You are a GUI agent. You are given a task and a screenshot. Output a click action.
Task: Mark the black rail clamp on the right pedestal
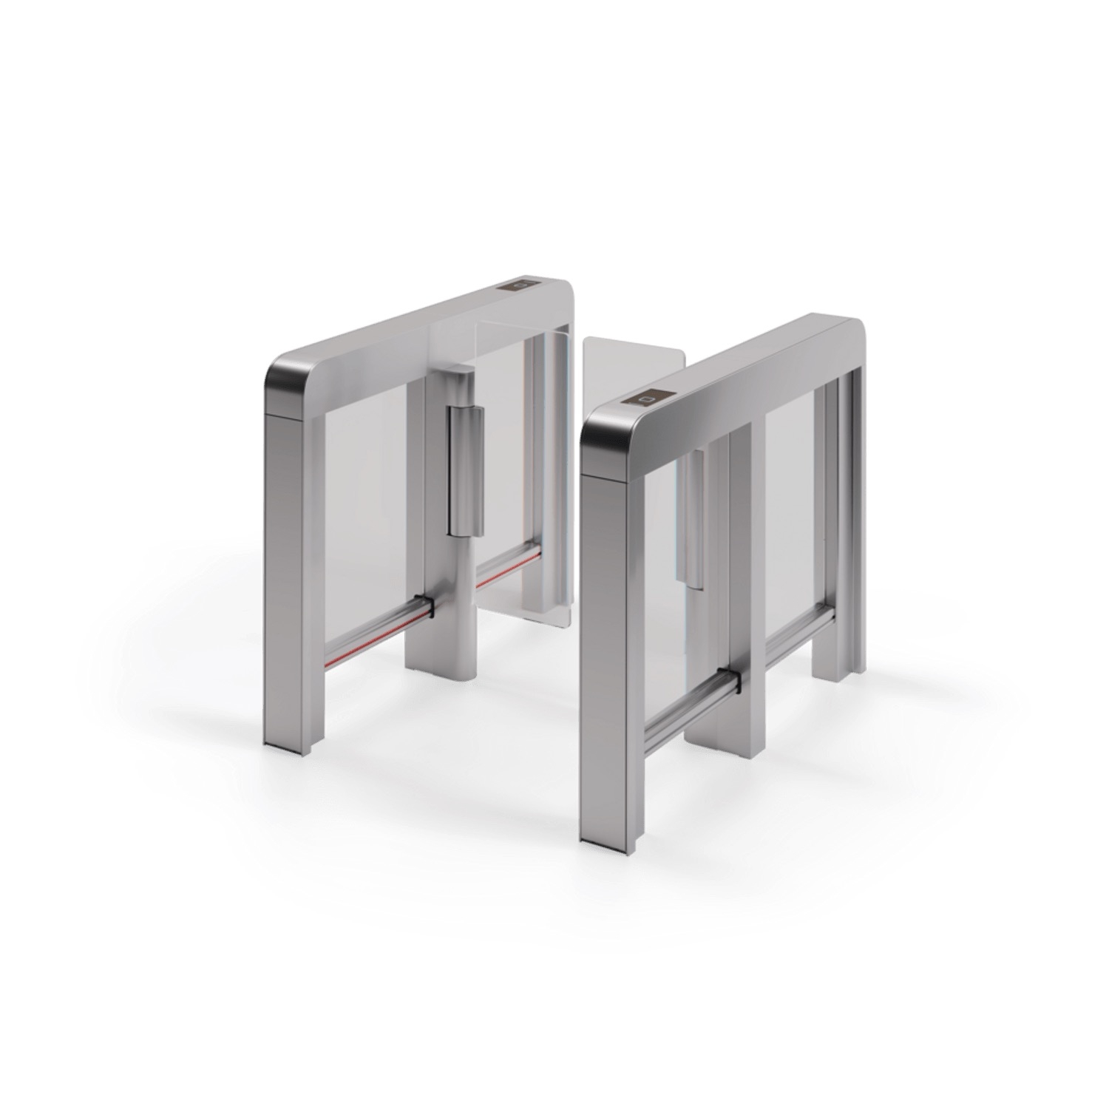click(x=730, y=676)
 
